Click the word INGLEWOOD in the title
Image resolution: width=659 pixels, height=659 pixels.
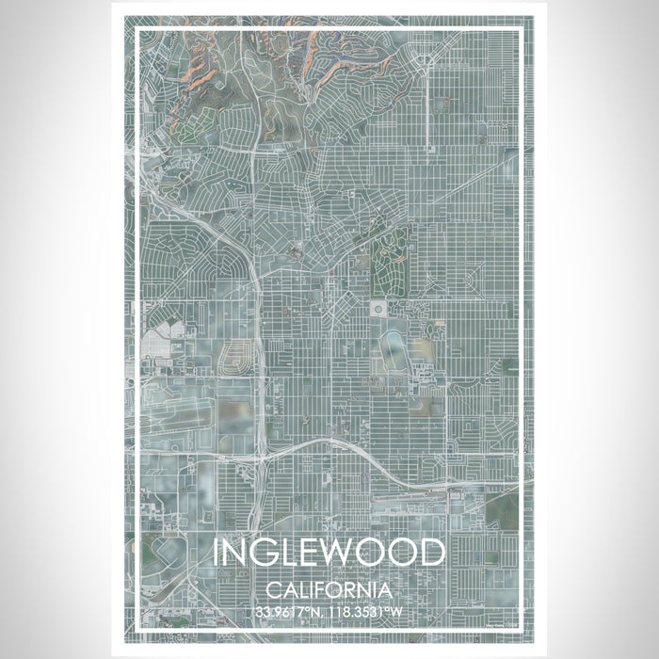329,553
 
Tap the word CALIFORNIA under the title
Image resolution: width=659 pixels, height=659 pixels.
329,590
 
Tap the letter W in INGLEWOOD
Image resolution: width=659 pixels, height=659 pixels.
345,553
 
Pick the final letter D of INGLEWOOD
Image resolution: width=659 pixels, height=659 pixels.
431,553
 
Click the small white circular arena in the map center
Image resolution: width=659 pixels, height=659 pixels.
378,309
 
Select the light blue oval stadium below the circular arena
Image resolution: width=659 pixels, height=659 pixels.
394,351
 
